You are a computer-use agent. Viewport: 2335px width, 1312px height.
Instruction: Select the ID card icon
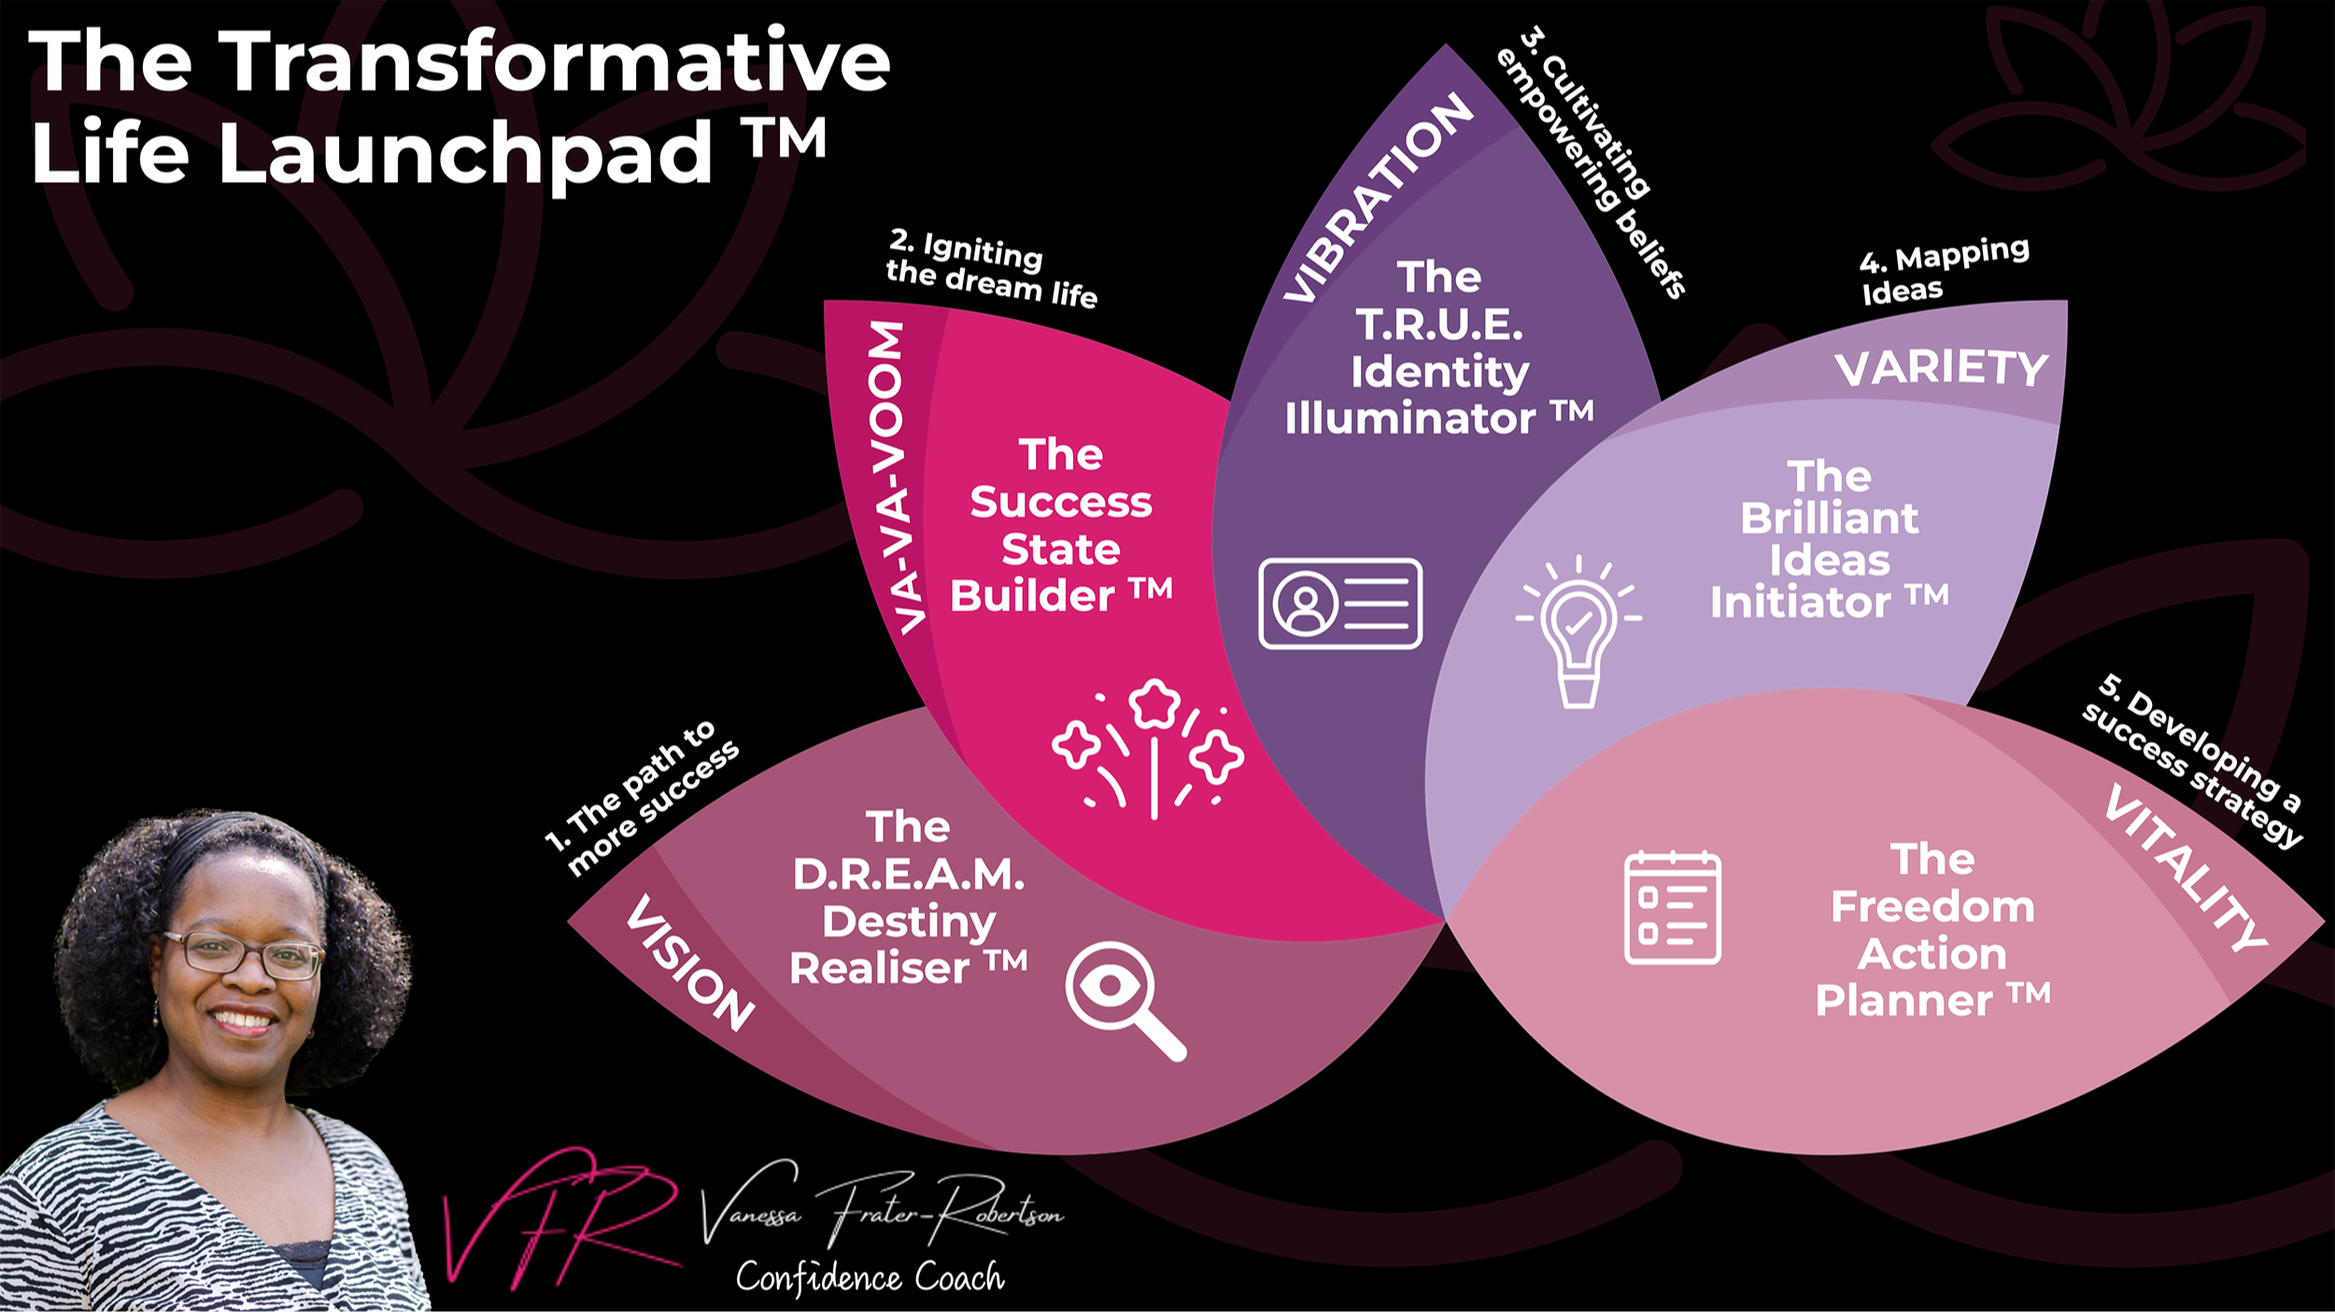point(1340,603)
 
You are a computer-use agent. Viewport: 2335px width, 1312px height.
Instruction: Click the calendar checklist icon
point(1672,908)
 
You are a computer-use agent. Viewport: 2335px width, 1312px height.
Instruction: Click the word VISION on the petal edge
point(689,963)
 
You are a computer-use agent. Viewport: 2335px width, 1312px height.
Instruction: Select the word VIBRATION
point(1378,198)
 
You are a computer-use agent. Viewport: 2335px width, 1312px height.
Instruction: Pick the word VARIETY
point(1941,368)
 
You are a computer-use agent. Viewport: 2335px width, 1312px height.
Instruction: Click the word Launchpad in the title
point(464,152)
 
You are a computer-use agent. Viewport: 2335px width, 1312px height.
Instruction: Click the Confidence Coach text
point(870,1277)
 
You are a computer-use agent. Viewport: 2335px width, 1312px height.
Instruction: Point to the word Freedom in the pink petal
point(1932,907)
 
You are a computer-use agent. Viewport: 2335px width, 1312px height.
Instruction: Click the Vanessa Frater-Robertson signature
point(882,1207)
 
